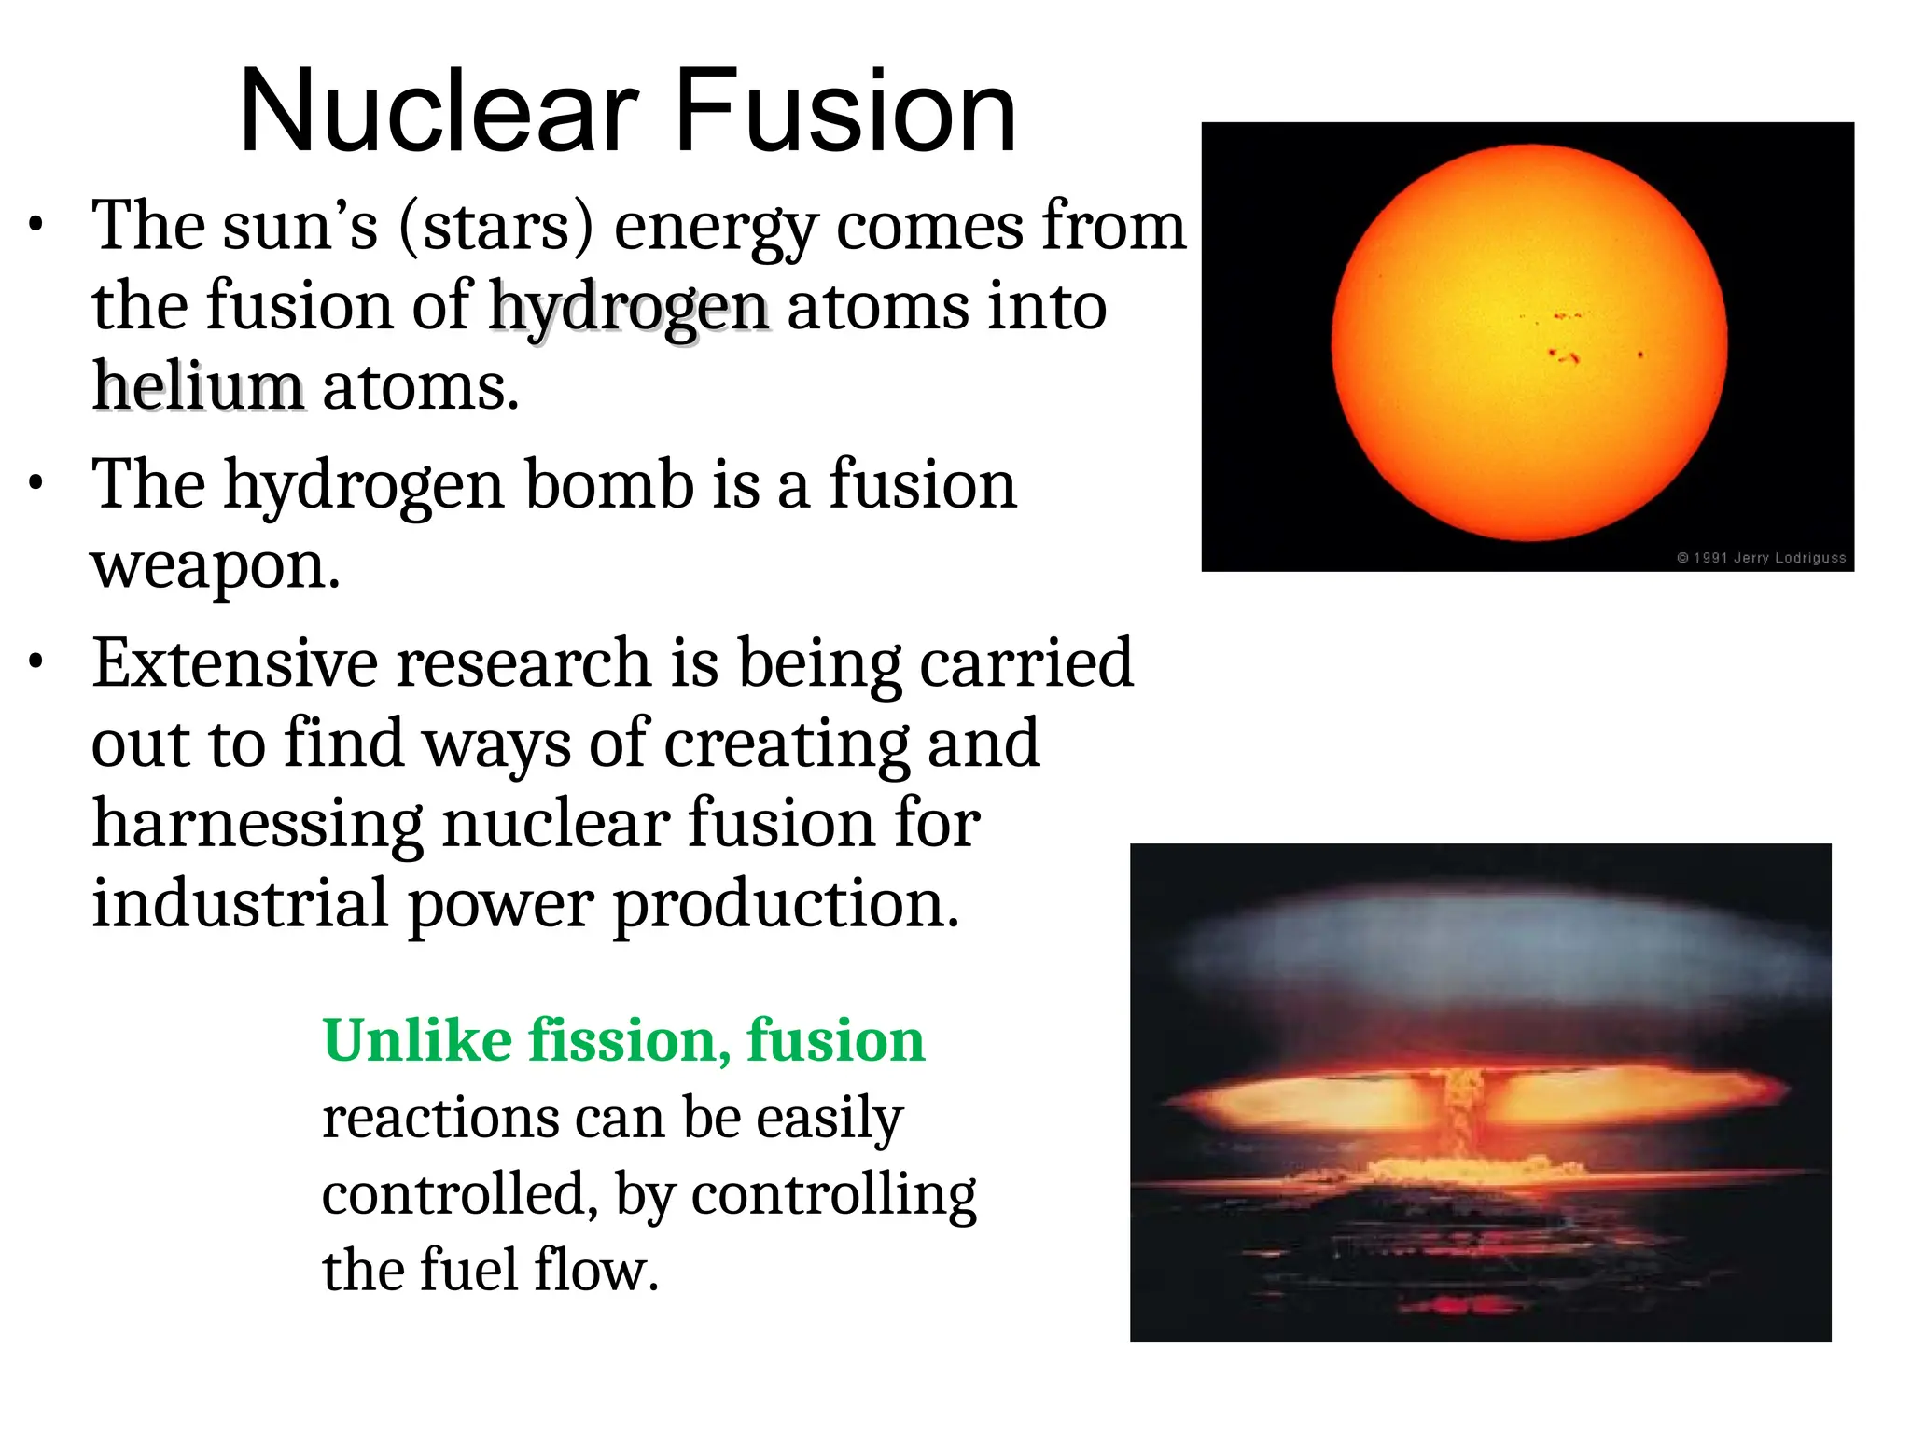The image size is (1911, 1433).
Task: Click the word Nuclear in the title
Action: click(439, 112)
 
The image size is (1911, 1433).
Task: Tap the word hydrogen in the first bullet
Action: click(629, 308)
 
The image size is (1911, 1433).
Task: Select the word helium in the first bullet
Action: click(198, 386)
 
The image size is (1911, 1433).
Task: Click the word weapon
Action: click(215, 565)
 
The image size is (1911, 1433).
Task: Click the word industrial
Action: click(240, 904)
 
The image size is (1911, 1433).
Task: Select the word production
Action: click(786, 904)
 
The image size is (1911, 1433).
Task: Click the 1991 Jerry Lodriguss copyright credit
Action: click(1761, 558)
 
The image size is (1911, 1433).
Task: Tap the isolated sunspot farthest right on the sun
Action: click(1640, 355)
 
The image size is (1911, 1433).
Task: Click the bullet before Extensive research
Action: click(35, 662)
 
